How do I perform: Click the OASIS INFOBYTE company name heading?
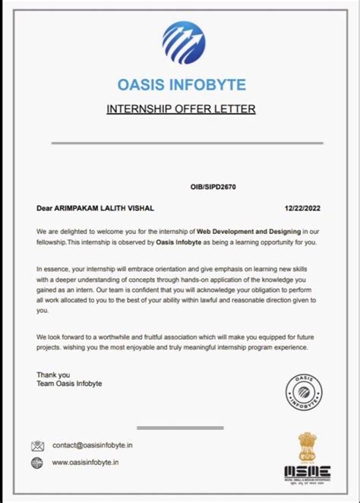(x=182, y=84)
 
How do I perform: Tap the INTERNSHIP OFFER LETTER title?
(x=181, y=109)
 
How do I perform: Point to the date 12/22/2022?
(x=303, y=207)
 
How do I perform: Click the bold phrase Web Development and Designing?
(x=251, y=230)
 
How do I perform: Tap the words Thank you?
(x=53, y=375)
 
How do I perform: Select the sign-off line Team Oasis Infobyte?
(x=69, y=384)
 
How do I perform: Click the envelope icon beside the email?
(x=38, y=445)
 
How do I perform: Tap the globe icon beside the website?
(x=37, y=462)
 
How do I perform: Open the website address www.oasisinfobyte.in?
(x=85, y=462)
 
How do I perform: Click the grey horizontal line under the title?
(x=182, y=142)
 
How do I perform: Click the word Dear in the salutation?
(x=44, y=207)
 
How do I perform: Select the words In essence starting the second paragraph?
(x=52, y=269)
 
